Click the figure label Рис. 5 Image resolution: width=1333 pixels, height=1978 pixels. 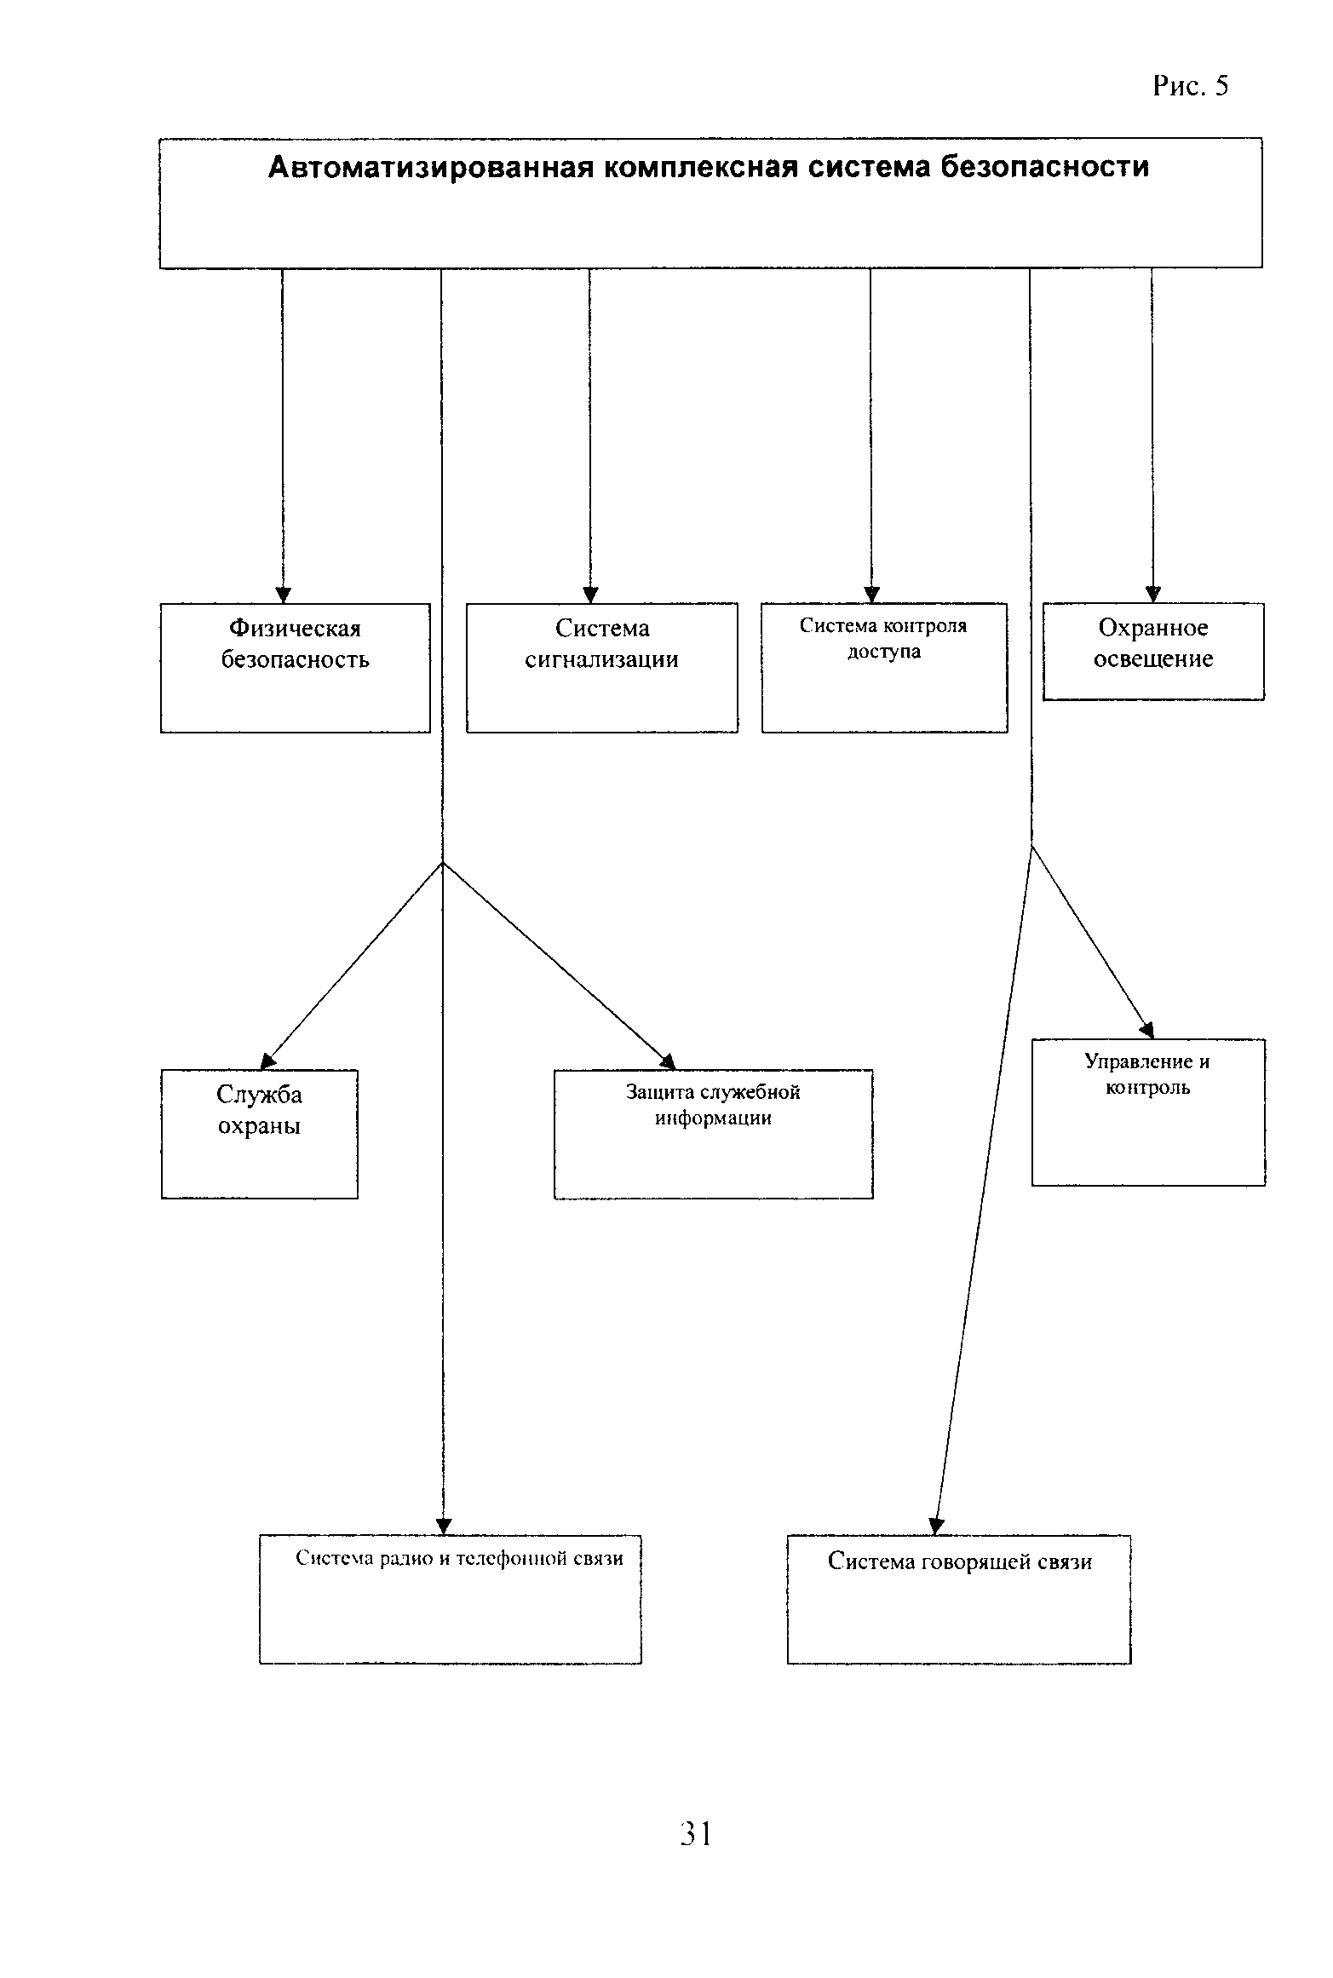tap(1190, 86)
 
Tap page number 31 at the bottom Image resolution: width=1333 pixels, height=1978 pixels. tap(696, 1832)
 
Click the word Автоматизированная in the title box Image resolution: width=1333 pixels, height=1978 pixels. tap(430, 167)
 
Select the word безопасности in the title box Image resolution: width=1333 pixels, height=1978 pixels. tap(1044, 167)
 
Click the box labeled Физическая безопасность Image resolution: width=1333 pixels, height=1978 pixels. tap(295, 668)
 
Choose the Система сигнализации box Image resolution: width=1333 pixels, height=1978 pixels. tap(601, 668)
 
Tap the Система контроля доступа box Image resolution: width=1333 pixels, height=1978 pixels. tap(884, 668)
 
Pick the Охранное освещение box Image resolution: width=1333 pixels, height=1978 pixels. tap(1153, 652)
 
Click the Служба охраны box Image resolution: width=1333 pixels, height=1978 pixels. tap(259, 1134)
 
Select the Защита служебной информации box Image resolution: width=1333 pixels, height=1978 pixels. tap(713, 1134)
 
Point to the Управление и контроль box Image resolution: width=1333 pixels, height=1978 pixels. tap(1148, 1112)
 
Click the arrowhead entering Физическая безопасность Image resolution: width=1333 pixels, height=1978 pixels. tap(283, 595)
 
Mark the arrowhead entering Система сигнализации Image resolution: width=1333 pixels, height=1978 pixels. tap(589, 595)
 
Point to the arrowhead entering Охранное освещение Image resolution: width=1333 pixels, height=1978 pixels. tap(1152, 595)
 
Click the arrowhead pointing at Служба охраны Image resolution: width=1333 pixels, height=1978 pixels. tap(267, 1061)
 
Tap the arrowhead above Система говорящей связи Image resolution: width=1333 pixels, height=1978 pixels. tap(936, 1526)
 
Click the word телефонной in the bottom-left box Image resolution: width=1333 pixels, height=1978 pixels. tap(508, 1558)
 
